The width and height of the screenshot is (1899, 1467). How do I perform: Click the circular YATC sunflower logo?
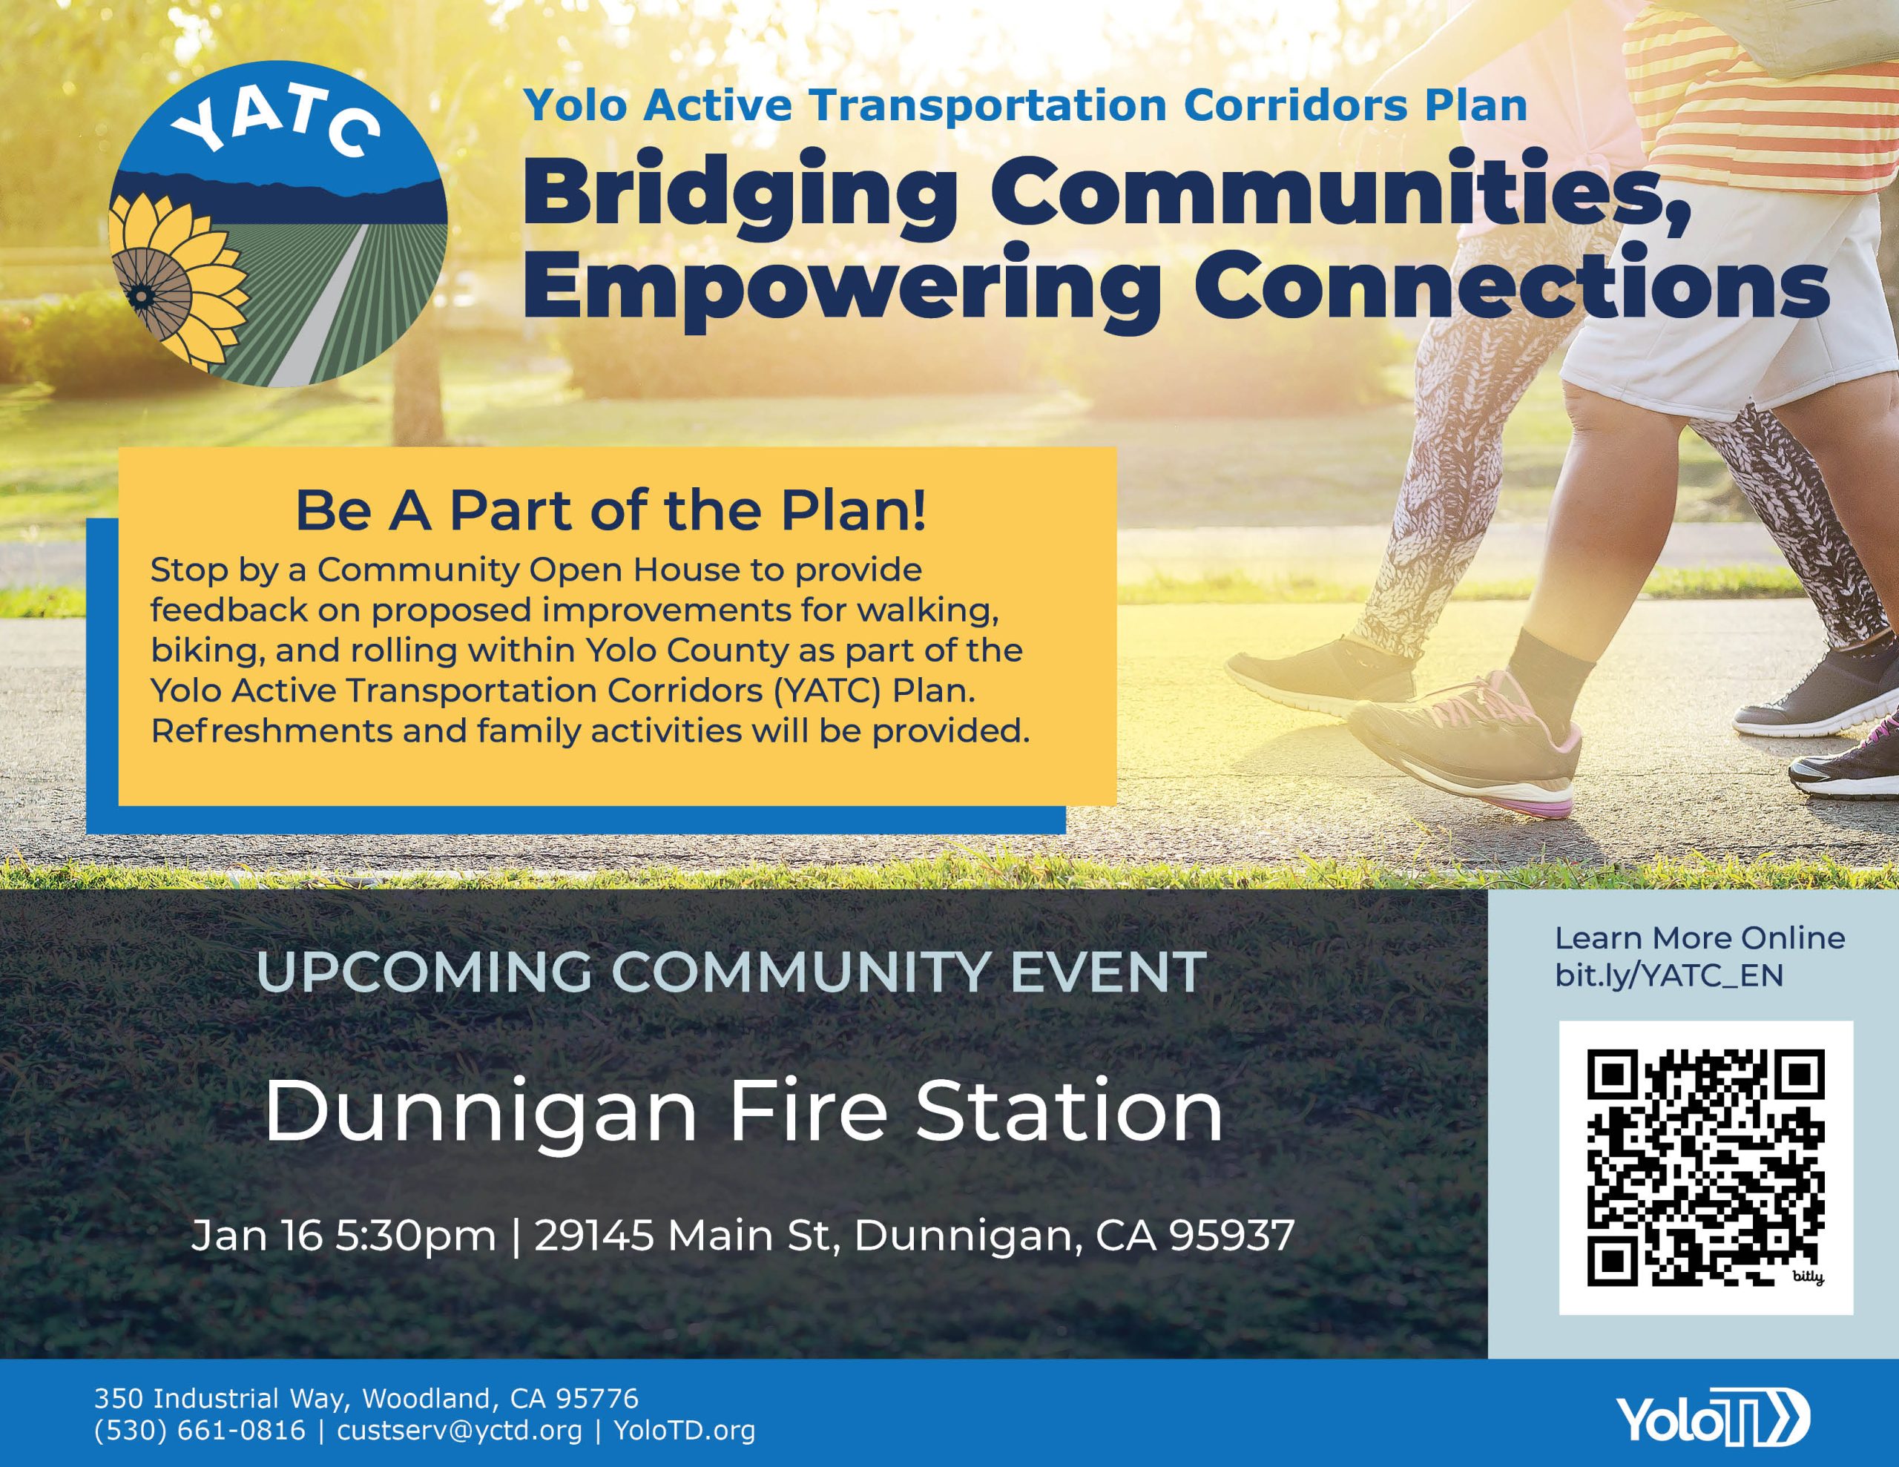[x=278, y=223]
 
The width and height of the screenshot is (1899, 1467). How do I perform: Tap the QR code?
[x=1705, y=1168]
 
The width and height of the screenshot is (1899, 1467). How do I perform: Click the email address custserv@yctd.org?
[x=459, y=1430]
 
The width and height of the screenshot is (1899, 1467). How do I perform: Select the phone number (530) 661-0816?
[x=200, y=1430]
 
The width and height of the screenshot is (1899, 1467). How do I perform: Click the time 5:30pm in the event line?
[x=415, y=1236]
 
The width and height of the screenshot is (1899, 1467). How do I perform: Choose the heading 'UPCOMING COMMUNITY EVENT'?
[x=731, y=972]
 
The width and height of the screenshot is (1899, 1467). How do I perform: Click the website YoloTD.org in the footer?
[x=684, y=1430]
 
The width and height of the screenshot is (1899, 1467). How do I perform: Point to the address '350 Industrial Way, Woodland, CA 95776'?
[x=366, y=1397]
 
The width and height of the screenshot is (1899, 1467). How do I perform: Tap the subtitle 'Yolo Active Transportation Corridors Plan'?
[x=1025, y=105]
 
